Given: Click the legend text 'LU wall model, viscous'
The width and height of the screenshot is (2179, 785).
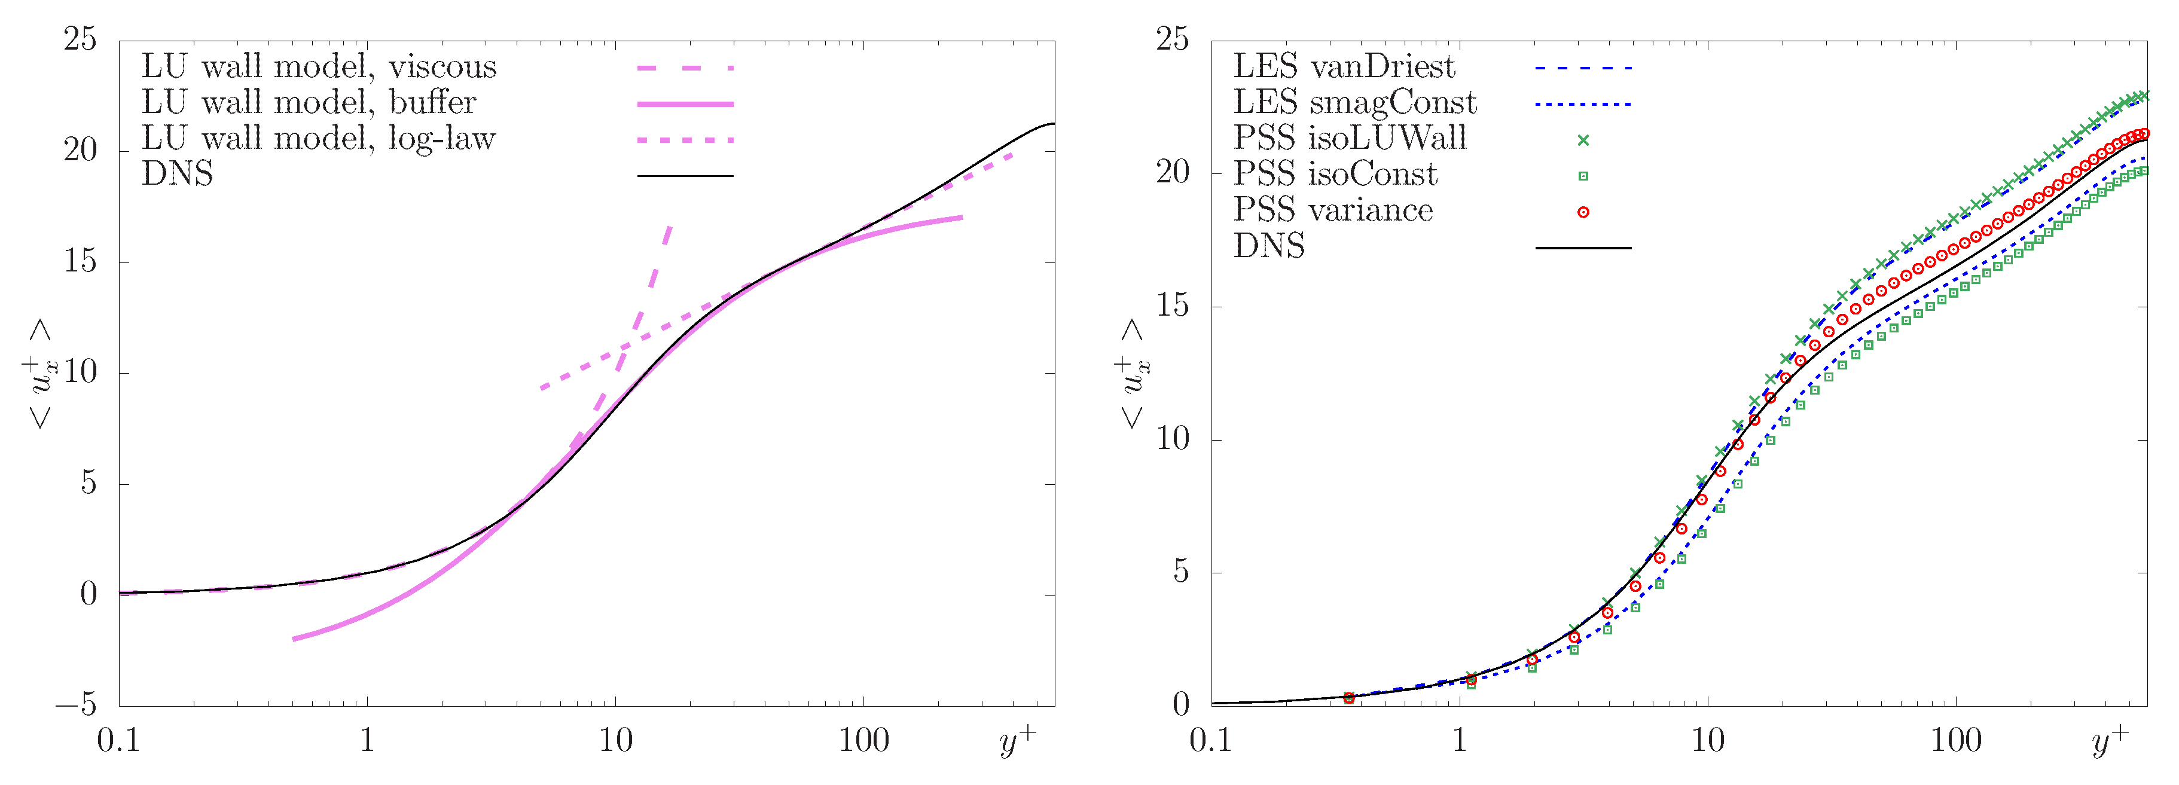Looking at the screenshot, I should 319,67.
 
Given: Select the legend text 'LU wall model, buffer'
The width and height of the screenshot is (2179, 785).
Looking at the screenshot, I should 309,102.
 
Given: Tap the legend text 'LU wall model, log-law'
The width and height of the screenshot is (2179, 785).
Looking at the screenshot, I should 318,139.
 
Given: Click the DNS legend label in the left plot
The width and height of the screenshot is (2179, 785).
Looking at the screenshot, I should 177,174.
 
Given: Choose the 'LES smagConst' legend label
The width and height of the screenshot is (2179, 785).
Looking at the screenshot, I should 1354,102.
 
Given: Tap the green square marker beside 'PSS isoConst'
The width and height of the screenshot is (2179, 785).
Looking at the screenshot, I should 1583,176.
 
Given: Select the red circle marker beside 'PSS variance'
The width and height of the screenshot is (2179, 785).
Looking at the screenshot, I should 1583,212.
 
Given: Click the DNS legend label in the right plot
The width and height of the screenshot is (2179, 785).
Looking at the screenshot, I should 1269,246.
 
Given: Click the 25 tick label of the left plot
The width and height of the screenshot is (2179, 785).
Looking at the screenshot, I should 80,39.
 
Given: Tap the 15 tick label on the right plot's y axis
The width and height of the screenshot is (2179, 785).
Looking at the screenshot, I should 1173,306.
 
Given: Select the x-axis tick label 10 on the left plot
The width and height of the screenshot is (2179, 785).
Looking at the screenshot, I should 615,741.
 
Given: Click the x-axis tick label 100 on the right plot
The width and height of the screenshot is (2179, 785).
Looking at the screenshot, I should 1956,741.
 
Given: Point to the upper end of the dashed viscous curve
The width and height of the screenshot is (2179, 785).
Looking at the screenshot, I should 670,227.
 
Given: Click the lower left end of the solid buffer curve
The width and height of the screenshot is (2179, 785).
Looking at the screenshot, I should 294,639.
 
